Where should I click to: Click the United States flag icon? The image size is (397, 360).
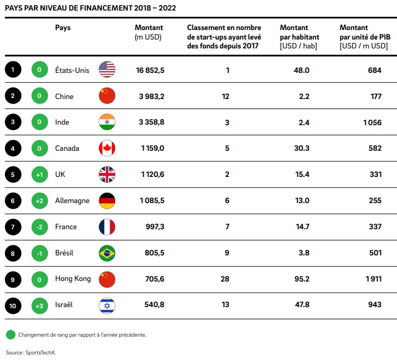(106, 70)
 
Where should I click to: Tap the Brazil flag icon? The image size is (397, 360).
(106, 253)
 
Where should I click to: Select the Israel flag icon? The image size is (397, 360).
(106, 305)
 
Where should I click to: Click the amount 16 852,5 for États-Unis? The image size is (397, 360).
(150, 70)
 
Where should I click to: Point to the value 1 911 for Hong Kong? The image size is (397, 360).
(373, 279)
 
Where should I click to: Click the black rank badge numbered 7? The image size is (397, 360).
(13, 226)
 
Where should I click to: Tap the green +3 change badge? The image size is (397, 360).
(40, 305)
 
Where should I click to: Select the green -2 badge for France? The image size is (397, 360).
(40, 226)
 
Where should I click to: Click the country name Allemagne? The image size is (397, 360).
(72, 201)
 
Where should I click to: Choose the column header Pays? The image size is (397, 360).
(63, 27)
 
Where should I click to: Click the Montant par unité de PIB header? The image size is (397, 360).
(363, 37)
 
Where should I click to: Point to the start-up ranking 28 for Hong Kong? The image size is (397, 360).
(225, 279)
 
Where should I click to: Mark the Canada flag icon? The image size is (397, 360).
(106, 148)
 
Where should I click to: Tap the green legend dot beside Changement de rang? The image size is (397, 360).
(10, 335)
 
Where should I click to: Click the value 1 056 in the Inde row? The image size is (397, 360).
(373, 122)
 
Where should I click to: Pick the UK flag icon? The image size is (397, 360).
(106, 174)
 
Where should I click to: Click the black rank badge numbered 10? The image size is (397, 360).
(13, 305)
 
